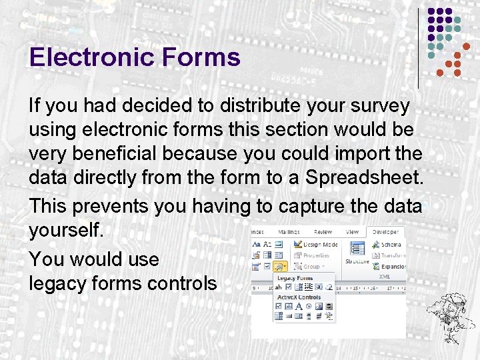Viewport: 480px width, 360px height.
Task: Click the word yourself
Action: (65, 230)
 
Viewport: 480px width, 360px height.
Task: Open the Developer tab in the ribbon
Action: (386, 232)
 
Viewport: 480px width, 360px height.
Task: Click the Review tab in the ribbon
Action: (323, 232)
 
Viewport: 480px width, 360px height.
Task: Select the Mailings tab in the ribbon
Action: (288, 232)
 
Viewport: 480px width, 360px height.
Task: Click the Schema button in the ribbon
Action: (389, 245)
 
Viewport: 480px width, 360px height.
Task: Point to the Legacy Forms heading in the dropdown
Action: (295, 278)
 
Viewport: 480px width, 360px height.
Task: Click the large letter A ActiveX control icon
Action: (299, 306)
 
